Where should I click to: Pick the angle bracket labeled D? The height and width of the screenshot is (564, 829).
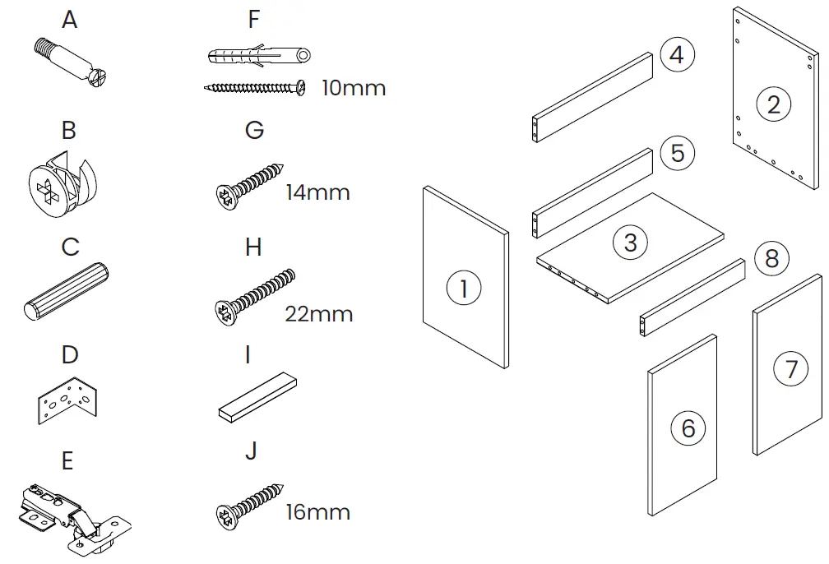(68, 400)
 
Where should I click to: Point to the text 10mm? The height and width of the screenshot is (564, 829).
(353, 88)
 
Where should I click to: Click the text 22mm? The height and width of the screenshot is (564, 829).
(318, 314)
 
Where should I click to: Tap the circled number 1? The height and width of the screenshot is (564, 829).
(464, 289)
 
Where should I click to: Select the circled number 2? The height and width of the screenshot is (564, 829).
(773, 104)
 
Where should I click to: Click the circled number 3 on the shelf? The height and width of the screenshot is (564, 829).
(630, 243)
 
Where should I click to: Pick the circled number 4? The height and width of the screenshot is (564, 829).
(677, 56)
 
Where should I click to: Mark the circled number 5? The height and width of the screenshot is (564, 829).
(677, 154)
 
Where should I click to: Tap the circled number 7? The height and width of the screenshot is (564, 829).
(791, 368)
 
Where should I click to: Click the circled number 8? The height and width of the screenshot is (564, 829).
(771, 258)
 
